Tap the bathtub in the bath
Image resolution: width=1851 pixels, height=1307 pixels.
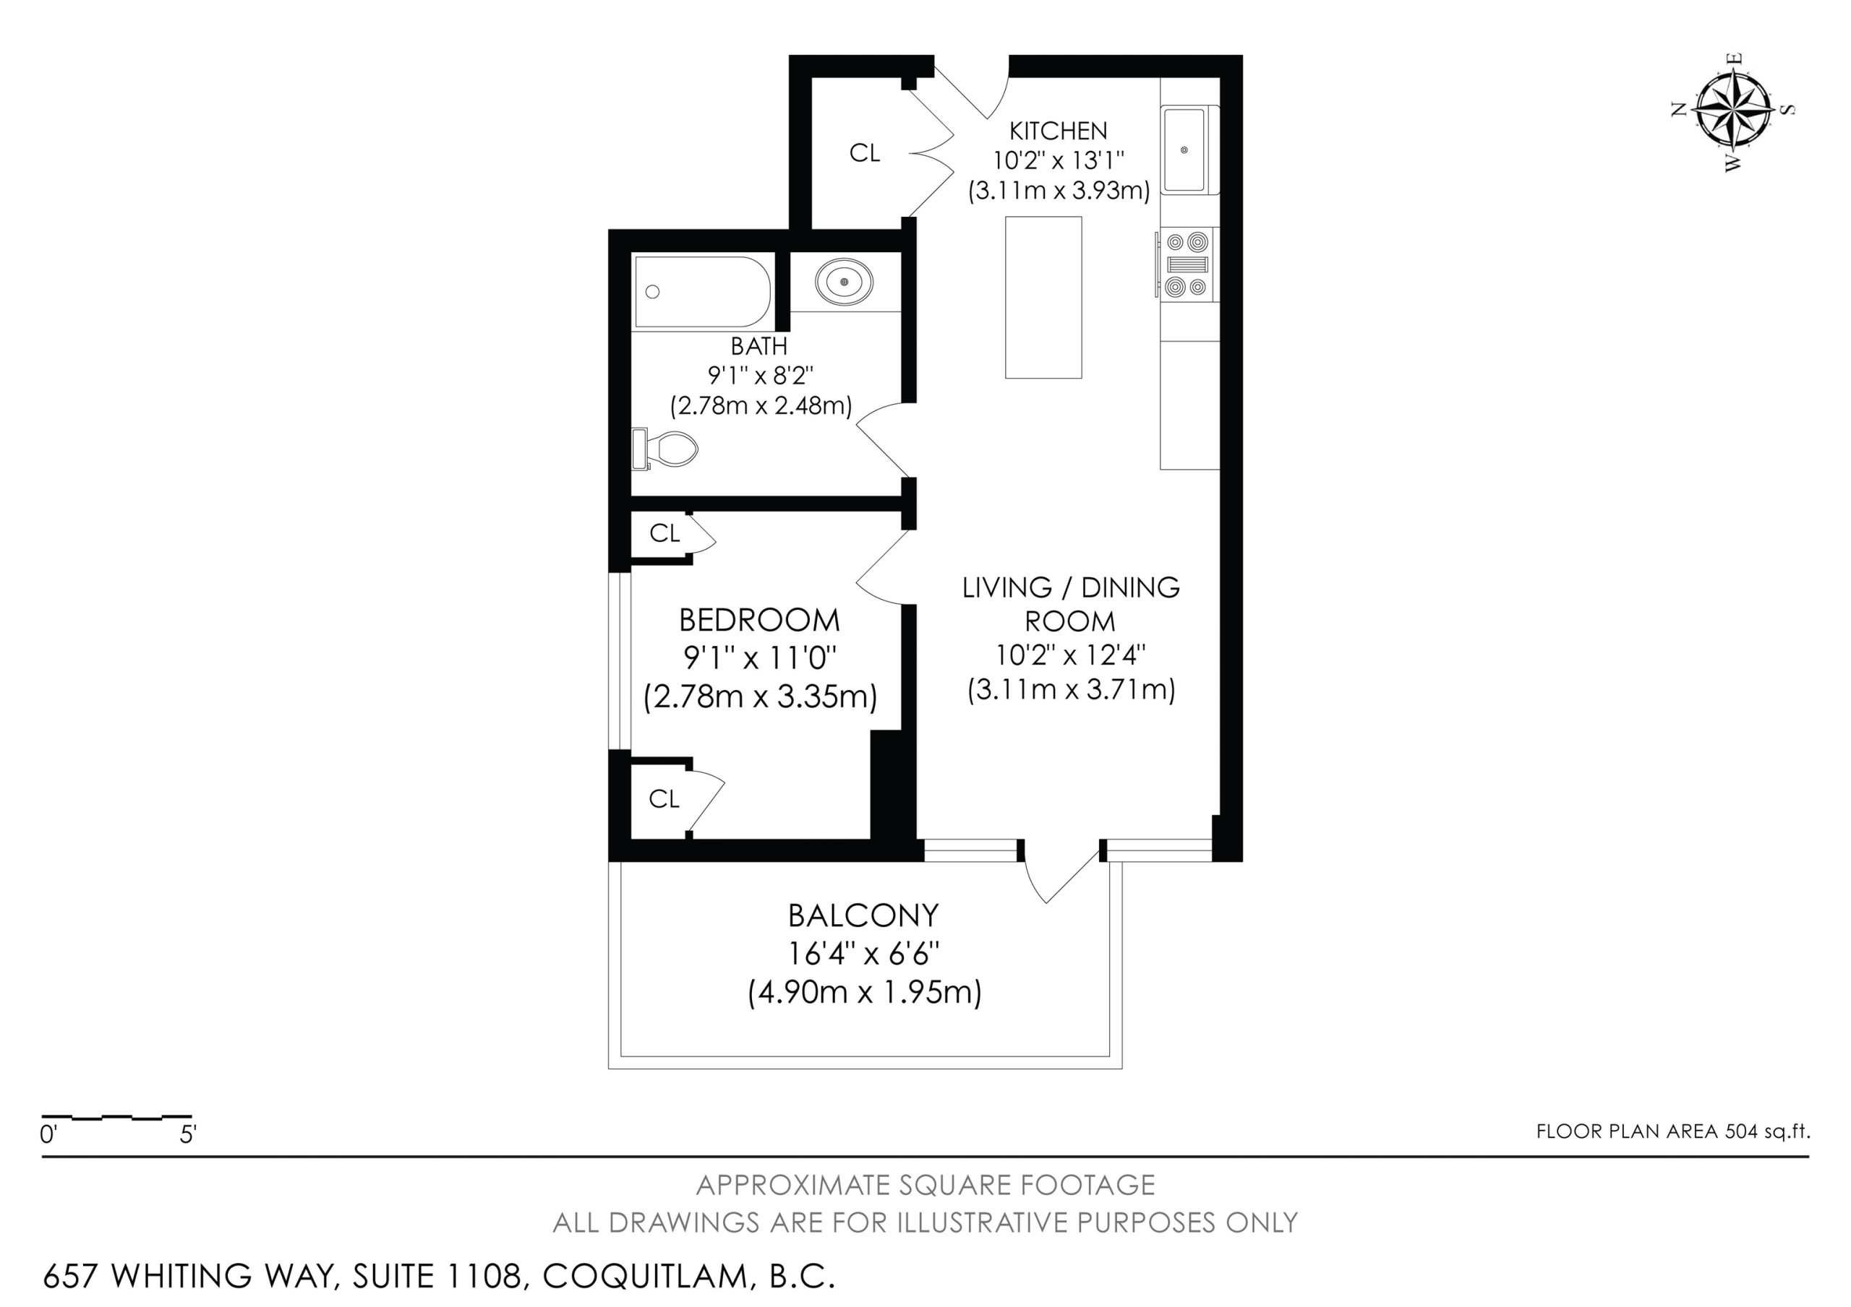pos(702,292)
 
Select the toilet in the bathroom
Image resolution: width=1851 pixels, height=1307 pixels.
pos(664,449)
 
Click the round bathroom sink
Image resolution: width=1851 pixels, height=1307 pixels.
pos(844,282)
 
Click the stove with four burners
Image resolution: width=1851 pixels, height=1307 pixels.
pos(1188,264)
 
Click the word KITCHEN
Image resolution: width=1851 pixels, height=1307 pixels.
pos(1059,130)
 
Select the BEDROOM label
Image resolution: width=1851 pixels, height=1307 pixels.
pos(759,621)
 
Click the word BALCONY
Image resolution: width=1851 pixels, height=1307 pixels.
pos(863,915)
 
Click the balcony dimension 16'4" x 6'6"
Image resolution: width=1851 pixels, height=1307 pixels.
pos(863,954)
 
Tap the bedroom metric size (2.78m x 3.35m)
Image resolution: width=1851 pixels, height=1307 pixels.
pos(760,696)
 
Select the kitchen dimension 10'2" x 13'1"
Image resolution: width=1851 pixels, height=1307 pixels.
pos(1058,160)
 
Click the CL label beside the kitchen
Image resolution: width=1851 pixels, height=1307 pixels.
pos(864,152)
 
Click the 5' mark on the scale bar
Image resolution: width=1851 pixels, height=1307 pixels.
pos(188,1135)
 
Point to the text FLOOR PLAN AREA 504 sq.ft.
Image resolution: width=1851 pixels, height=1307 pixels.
pos(1673,1131)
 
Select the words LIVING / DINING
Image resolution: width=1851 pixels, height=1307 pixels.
pos(1071,587)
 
